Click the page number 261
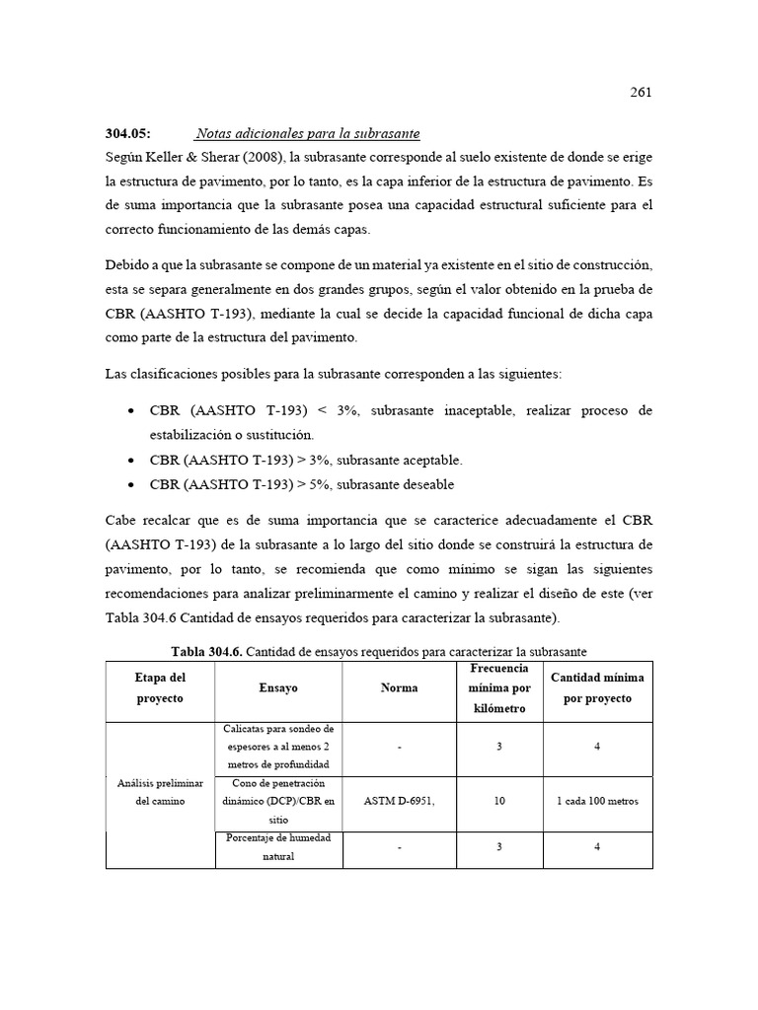641,93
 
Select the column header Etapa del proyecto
160,687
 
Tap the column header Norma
399,688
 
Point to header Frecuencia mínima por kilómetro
499,688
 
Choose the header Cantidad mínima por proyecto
597,687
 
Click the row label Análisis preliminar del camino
160,792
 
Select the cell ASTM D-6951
399,801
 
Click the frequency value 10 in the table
499,801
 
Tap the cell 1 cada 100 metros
597,801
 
